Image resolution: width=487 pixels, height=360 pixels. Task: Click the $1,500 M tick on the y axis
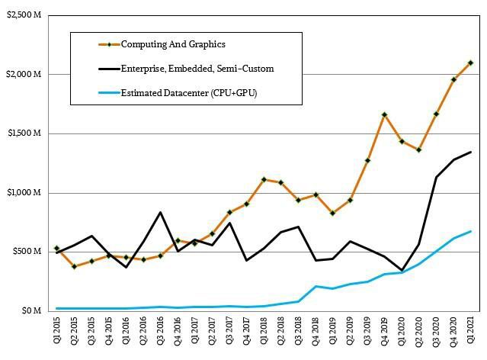pyautogui.click(x=24, y=133)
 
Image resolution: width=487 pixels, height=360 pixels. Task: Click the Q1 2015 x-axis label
pyautogui.click(x=57, y=336)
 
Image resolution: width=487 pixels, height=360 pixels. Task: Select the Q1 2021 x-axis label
pyautogui.click(x=470, y=336)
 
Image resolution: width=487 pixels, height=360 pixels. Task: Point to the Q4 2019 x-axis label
pyautogui.click(x=383, y=336)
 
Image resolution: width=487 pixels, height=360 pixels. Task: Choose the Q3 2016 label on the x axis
pyautogui.click(x=160, y=336)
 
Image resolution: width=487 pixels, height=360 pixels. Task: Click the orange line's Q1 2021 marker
pyautogui.click(x=470, y=63)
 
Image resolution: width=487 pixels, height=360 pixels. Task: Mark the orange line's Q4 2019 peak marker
pyautogui.click(x=384, y=114)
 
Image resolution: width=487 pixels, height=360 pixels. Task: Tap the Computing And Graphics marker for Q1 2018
pyautogui.click(x=264, y=179)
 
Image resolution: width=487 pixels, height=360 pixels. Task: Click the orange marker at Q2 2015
pyautogui.click(x=75, y=266)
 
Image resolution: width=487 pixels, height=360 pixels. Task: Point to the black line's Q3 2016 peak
pyautogui.click(x=160, y=212)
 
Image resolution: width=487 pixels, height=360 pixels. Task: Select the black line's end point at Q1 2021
pyautogui.click(x=470, y=152)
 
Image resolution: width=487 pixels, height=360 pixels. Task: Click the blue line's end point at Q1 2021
pyautogui.click(x=470, y=231)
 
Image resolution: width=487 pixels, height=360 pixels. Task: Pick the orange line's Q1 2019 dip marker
pyautogui.click(x=332, y=213)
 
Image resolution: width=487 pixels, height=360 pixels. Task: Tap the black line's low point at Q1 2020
pyautogui.click(x=402, y=270)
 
